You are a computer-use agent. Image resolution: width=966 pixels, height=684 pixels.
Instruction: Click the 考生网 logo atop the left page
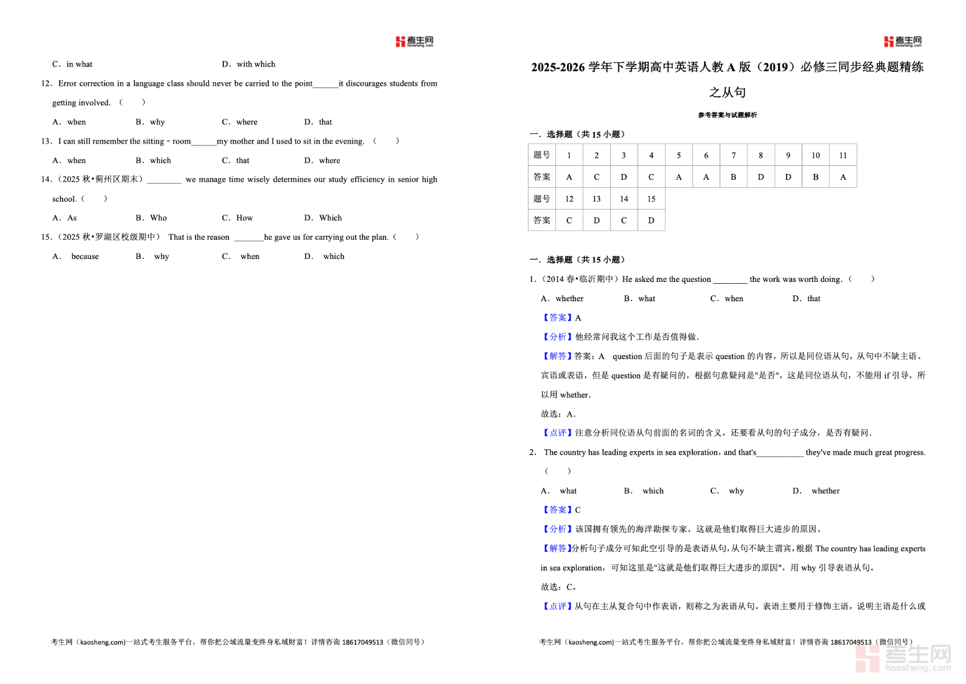pyautogui.click(x=414, y=41)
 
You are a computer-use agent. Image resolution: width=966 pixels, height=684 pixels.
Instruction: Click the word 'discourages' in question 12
pyautogui.click(x=367, y=83)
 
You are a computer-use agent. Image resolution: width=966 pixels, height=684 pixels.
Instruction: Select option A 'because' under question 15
pyautogui.click(x=85, y=257)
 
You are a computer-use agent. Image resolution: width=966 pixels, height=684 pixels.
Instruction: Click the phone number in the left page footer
pyautogui.click(x=362, y=642)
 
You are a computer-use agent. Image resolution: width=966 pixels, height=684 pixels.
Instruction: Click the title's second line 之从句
pyautogui.click(x=727, y=92)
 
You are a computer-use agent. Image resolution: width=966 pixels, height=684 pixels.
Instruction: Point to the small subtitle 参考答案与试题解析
pyautogui.click(x=727, y=115)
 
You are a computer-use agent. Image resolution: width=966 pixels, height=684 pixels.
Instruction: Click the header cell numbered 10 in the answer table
pyautogui.click(x=815, y=155)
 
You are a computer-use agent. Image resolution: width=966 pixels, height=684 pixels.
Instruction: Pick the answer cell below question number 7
pyautogui.click(x=733, y=177)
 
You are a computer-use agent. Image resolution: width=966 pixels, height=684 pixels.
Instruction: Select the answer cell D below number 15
pyautogui.click(x=651, y=220)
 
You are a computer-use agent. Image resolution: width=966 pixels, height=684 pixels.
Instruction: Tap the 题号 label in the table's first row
pyautogui.click(x=542, y=155)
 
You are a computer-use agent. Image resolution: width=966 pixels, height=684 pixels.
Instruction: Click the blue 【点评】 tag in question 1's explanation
pyautogui.click(x=554, y=433)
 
